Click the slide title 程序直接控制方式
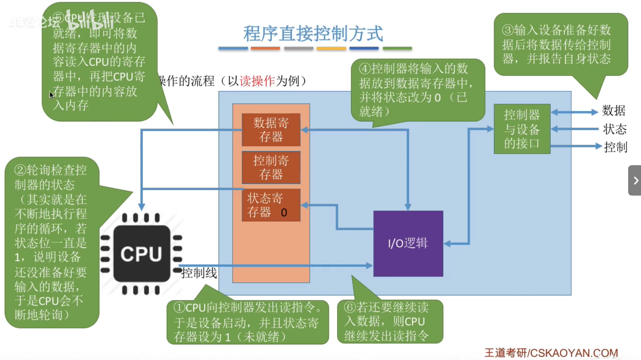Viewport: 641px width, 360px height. pos(313,34)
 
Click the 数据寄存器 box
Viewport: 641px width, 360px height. pos(271,130)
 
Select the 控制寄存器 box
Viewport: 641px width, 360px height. pos(271,168)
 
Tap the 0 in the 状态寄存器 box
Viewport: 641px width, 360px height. pos(284,213)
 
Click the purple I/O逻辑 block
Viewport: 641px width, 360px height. pos(408,244)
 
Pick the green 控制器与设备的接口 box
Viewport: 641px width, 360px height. pos(522,129)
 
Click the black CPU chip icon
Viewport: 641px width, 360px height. pos(141,254)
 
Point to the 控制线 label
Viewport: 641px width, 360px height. pos(199,273)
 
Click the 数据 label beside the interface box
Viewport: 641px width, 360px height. pos(614,111)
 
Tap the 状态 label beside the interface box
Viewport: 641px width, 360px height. pos(615,129)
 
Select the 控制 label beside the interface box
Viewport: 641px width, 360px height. pos(615,147)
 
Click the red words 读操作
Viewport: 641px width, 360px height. pos(257,81)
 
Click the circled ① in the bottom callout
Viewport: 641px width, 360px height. pos(179,307)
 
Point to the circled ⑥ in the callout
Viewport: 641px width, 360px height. pos(350,307)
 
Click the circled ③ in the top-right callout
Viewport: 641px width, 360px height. pos(508,30)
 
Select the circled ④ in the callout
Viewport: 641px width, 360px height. pos(365,69)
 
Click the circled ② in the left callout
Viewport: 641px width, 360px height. pos(20,170)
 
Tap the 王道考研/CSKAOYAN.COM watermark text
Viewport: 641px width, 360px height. pos(551,353)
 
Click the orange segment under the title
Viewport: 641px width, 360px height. pos(265,49)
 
